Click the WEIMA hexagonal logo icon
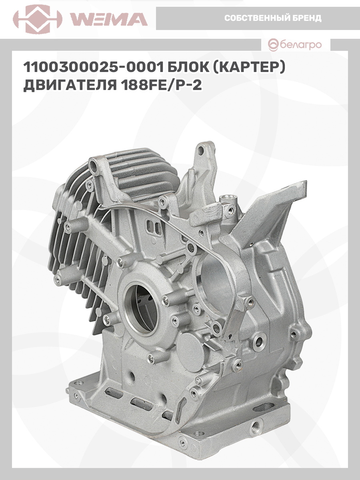(x=38, y=19)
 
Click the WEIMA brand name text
(x=109, y=20)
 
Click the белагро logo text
(x=301, y=45)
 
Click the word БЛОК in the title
(x=188, y=67)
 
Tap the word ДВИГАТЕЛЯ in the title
(x=70, y=85)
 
